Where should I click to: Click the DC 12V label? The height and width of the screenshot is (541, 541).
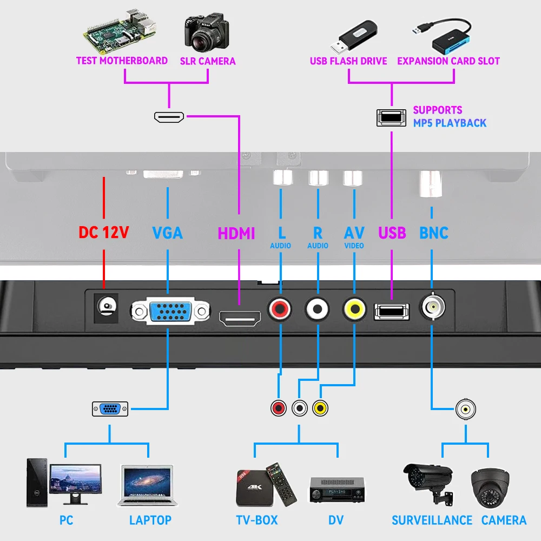pyautogui.click(x=104, y=233)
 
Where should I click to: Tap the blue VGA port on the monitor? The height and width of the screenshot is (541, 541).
pyautogui.click(x=169, y=312)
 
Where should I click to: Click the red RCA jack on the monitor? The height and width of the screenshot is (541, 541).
pyautogui.click(x=280, y=309)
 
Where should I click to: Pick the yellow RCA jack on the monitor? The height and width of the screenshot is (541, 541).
pyautogui.click(x=354, y=309)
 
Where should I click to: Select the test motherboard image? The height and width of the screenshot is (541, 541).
pyautogui.click(x=121, y=30)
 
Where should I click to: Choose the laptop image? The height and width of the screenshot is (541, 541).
pyautogui.click(x=145, y=486)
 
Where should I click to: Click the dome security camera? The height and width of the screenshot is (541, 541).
pyautogui.click(x=490, y=486)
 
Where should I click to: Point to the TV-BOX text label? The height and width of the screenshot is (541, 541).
pyautogui.click(x=257, y=520)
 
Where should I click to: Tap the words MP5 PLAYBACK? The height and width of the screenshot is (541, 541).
pyautogui.click(x=450, y=123)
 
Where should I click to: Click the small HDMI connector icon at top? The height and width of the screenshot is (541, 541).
pyautogui.click(x=169, y=117)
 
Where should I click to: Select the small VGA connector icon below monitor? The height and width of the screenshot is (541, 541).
pyautogui.click(x=110, y=409)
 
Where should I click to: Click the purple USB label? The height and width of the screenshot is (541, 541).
pyautogui.click(x=392, y=233)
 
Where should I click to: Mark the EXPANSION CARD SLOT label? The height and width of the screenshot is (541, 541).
pyautogui.click(x=448, y=61)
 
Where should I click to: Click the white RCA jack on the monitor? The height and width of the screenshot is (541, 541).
pyautogui.click(x=317, y=309)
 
